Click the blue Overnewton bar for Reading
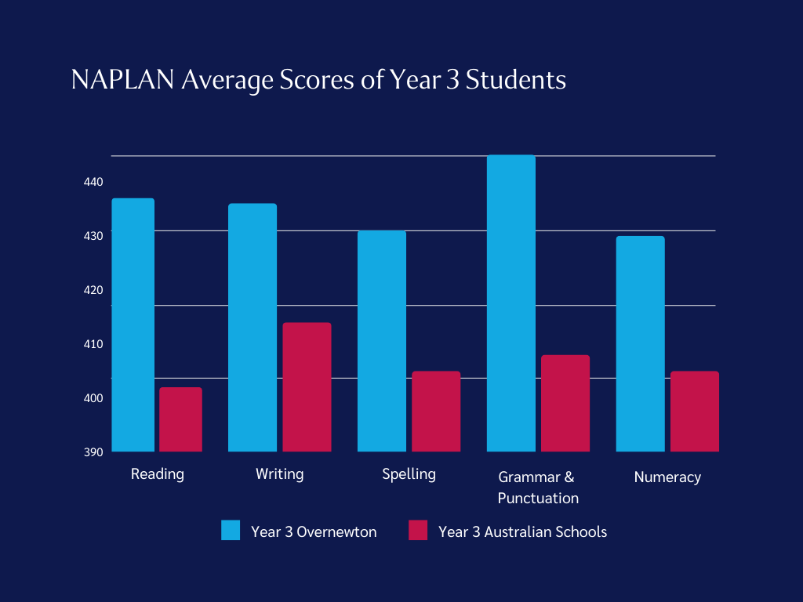133,325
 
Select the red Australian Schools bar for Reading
180,419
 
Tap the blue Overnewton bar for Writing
252,327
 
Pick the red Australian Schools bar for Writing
307,386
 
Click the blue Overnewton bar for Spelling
381,341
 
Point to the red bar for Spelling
436,411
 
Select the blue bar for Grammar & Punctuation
511,303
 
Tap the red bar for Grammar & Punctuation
565,403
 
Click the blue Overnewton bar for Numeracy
640,343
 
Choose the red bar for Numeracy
695,411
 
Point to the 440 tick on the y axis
93,182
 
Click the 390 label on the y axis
93,452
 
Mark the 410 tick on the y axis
93,344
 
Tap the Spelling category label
409,474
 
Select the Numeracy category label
667,477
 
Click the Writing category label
279,474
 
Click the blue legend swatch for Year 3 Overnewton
231,531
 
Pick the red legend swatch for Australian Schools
418,531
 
